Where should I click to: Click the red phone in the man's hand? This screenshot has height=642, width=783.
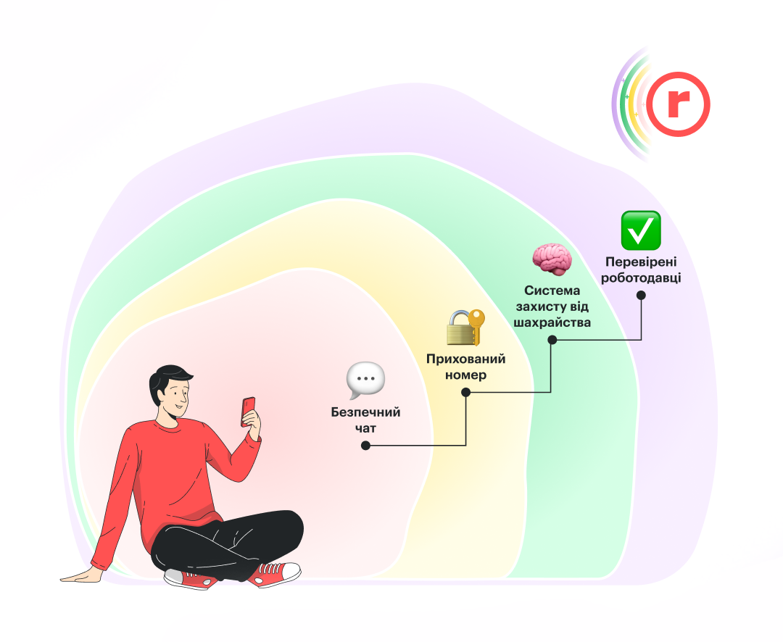(x=248, y=411)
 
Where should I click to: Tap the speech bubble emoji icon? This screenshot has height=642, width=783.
(x=365, y=380)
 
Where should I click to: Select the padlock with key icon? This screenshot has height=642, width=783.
(x=465, y=328)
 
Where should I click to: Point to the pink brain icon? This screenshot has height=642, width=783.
(x=552, y=259)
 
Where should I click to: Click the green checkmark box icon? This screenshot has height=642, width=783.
(x=641, y=230)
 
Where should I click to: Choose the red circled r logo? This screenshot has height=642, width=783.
(x=678, y=104)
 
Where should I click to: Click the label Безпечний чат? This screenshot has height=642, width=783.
(x=365, y=420)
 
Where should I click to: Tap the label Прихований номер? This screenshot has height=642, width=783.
(x=465, y=367)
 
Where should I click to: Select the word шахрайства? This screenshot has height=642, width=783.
(x=552, y=322)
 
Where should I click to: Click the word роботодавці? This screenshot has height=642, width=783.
(x=641, y=278)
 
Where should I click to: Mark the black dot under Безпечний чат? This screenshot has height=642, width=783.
(x=365, y=446)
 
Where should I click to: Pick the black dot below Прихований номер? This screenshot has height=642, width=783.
(x=465, y=393)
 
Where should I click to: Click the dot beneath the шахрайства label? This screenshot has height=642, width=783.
(x=552, y=340)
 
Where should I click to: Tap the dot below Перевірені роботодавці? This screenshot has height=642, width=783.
(x=641, y=296)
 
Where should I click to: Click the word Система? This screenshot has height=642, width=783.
(x=552, y=291)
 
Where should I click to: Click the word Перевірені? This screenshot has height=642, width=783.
(x=641, y=262)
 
